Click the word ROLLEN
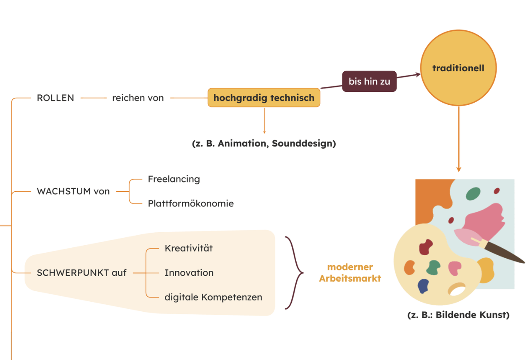coord(55,98)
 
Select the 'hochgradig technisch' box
coord(264,98)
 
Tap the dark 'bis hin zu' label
coord(369,81)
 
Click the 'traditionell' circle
coord(458,68)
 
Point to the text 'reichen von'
coord(138,98)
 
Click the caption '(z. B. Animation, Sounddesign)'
coord(264,143)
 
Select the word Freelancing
coord(174,179)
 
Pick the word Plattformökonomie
coord(190,203)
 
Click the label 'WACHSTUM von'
coord(73,191)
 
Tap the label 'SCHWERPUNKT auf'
coord(82,273)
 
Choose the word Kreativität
coord(188,248)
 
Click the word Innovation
coord(189,273)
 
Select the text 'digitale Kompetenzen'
coord(213,297)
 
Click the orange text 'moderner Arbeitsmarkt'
coord(350,273)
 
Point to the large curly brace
coord(294,273)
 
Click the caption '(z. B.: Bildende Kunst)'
coord(458,315)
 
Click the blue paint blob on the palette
coord(422,287)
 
